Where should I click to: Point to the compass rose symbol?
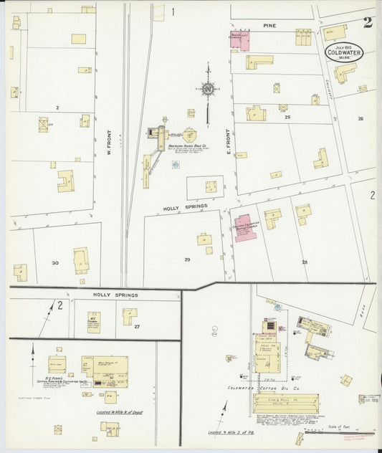click(209, 90)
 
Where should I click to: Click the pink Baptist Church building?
click(247, 227)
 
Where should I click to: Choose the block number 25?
click(287, 116)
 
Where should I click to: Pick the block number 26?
click(360, 118)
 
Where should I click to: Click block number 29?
click(187, 259)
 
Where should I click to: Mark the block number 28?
click(305, 262)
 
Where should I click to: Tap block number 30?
click(55, 262)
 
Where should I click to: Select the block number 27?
click(136, 326)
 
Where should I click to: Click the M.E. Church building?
click(94, 321)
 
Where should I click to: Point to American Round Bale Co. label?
click(187, 147)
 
